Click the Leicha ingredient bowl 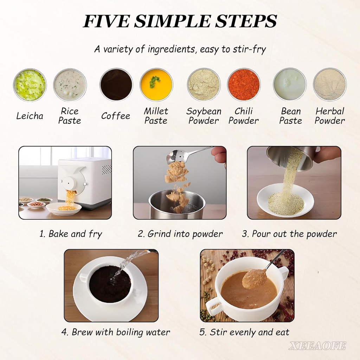click(30, 85)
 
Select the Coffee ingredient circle click(116, 84)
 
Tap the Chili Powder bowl click(244, 84)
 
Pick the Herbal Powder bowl click(330, 84)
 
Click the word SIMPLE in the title click(172, 21)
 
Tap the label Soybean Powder click(204, 116)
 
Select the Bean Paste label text click(291, 116)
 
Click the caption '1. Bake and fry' click(71, 234)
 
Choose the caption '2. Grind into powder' click(180, 234)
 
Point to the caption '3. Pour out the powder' click(289, 234)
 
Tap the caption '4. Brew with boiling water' click(116, 332)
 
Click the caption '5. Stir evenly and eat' click(244, 332)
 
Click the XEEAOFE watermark click(317, 346)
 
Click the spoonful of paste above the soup click(255, 278)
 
